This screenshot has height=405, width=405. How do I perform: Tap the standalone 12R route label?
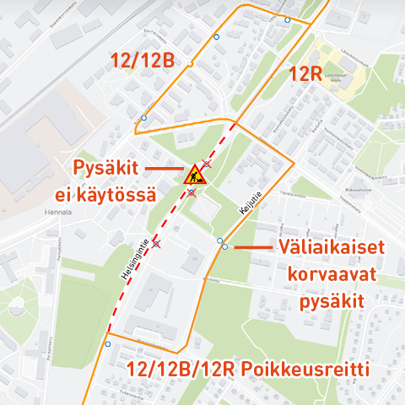[305, 73]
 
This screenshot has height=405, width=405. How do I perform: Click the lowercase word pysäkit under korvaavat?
[332, 301]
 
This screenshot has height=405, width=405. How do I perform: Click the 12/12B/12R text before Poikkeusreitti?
[182, 370]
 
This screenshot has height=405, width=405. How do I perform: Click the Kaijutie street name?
[246, 204]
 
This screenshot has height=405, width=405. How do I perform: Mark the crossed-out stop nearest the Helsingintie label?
[155, 244]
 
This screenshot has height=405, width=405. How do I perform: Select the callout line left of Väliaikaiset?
[251, 246]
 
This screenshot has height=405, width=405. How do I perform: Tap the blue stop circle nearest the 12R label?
[287, 19]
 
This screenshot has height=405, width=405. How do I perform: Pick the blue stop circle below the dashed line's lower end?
[107, 344]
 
